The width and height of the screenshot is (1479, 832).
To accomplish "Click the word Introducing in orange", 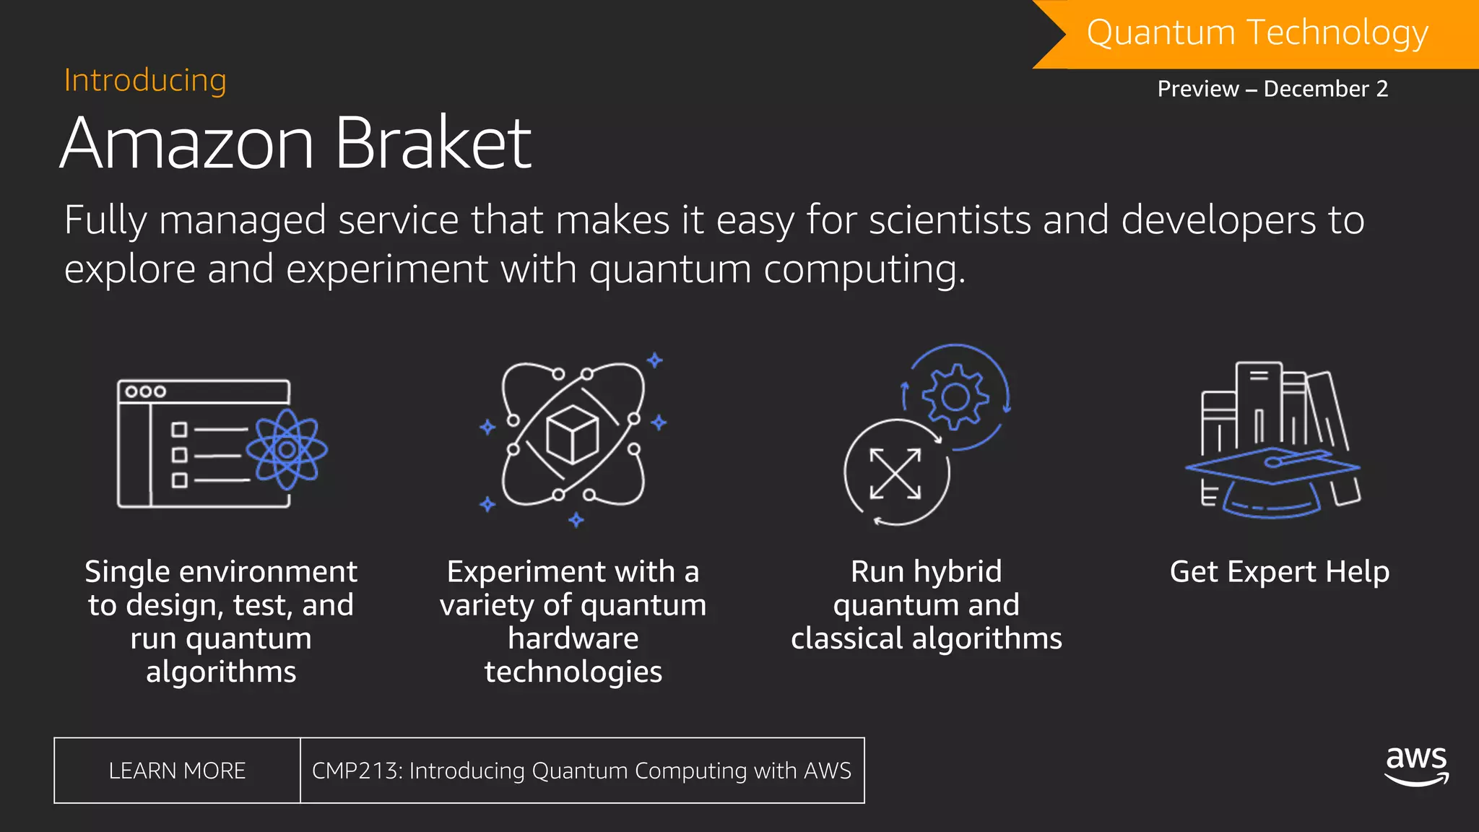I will coord(145,80).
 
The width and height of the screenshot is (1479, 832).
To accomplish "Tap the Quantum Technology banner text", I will coord(1257,33).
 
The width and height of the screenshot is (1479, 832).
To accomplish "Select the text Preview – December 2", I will coord(1272,89).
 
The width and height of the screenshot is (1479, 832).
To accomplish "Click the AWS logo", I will coord(1416,765).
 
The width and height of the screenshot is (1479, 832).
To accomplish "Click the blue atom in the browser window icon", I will coord(287,449).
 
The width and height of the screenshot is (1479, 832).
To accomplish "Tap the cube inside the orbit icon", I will coord(572,435).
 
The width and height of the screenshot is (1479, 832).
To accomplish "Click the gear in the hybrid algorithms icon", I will coord(955,396).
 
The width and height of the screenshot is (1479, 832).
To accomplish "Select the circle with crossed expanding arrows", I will coord(895,474).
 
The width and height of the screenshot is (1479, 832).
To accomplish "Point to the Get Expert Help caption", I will coord(1279,572).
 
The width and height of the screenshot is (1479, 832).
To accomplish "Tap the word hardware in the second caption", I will coord(573,638).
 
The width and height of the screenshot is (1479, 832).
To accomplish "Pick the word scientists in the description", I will coord(950,220).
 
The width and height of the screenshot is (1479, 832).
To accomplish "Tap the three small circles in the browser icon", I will coord(145,391).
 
